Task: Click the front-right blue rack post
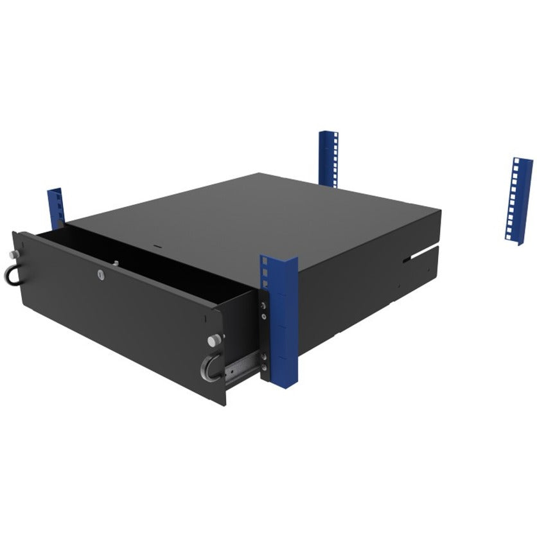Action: pos(277,321)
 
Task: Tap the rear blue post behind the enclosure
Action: pos(328,157)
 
